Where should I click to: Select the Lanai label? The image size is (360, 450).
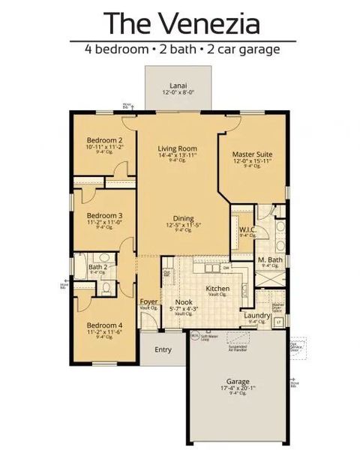(178, 85)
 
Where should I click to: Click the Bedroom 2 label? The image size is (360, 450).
(104, 140)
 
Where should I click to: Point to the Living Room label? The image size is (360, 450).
(177, 148)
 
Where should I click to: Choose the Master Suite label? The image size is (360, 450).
(251, 154)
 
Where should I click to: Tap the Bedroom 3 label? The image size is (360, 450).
(104, 215)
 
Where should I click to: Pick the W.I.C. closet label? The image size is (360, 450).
(247, 229)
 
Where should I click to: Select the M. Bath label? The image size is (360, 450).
(269, 259)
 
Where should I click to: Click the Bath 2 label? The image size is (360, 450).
(98, 266)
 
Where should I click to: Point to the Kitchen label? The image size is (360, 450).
(217, 289)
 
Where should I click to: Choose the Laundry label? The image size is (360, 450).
(257, 315)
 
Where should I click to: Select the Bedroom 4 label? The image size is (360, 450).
(104, 325)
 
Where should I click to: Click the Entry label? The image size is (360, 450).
(163, 349)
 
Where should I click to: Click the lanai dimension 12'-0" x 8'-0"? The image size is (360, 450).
(178, 91)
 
